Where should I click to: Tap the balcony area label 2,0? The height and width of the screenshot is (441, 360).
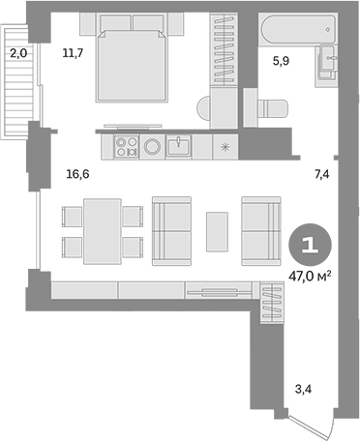[18, 55]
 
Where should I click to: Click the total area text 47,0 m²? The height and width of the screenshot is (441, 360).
[310, 276]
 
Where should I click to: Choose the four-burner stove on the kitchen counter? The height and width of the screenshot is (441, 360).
[127, 148]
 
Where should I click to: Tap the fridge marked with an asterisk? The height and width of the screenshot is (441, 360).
[225, 148]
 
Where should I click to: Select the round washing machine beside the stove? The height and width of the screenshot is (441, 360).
[153, 148]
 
